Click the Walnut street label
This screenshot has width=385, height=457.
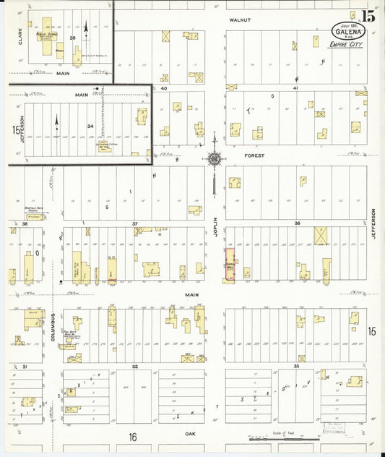(x=240, y=20)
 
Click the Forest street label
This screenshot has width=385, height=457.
(x=254, y=155)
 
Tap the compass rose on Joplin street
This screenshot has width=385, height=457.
(x=215, y=158)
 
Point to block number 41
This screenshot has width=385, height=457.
(x=295, y=87)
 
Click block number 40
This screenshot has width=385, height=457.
(x=164, y=87)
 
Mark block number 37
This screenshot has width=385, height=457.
(x=135, y=224)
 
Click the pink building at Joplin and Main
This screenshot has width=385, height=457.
(x=230, y=265)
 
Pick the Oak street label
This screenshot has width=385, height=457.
(x=191, y=433)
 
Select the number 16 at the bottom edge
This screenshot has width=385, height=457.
(x=132, y=437)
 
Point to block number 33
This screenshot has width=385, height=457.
(x=295, y=367)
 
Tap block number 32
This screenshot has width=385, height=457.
(x=134, y=367)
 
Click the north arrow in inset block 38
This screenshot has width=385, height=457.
(x=86, y=30)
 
